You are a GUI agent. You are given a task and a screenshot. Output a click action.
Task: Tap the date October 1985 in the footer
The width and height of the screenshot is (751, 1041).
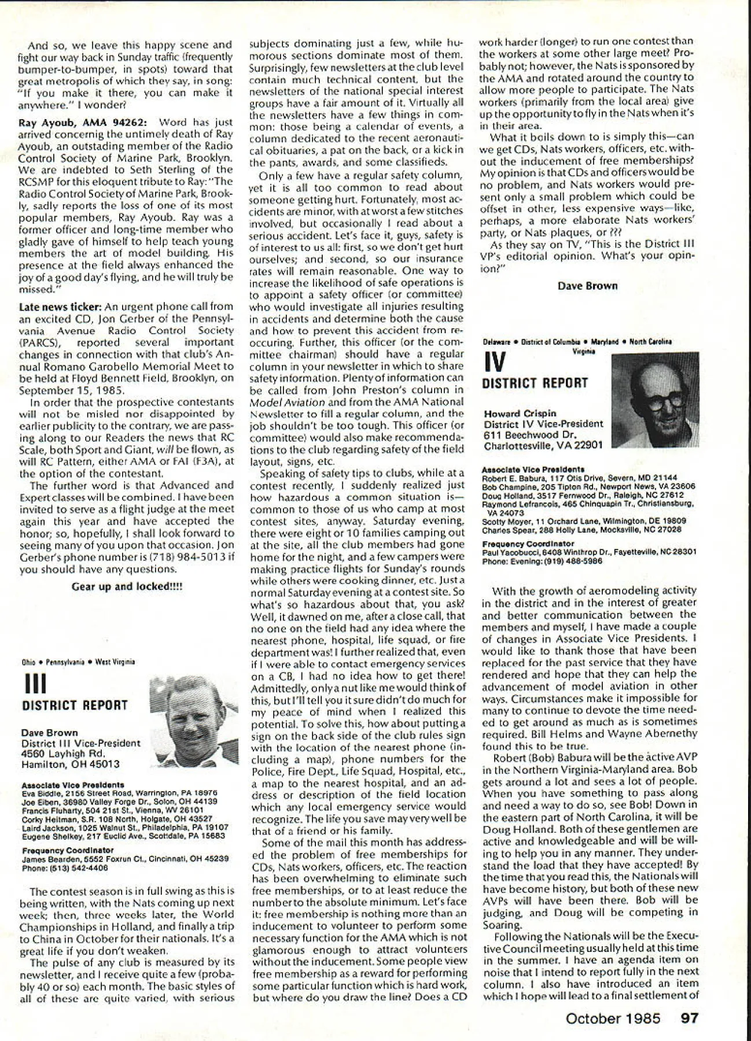(x=613, y=1018)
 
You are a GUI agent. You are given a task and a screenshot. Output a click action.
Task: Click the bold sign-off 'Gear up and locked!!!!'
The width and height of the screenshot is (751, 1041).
(x=127, y=586)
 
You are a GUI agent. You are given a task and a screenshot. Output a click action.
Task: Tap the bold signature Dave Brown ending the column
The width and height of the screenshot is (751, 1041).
(x=587, y=286)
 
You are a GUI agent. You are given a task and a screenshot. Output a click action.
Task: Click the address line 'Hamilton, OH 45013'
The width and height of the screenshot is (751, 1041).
(x=70, y=764)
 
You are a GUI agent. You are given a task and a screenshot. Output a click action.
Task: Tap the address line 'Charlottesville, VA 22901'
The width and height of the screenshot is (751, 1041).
(x=543, y=445)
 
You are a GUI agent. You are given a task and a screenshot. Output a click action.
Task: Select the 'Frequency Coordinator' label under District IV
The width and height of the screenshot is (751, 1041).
(x=528, y=544)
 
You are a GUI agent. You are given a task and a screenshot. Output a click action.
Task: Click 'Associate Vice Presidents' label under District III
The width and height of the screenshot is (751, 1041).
(x=72, y=785)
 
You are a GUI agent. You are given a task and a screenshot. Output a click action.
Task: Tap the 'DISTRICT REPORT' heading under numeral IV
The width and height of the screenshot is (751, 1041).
(x=535, y=383)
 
